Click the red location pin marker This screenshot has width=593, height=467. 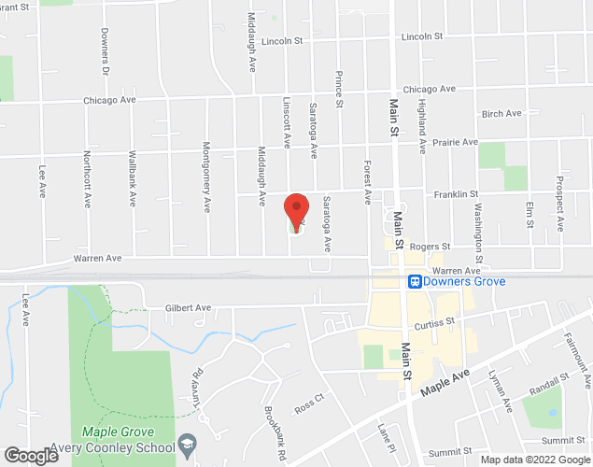click(x=296, y=211)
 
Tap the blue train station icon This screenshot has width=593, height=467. click(x=413, y=280)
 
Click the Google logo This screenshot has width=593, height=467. click(x=30, y=456)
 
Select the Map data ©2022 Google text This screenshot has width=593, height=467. click(x=535, y=460)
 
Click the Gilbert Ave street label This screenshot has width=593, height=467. click(x=188, y=307)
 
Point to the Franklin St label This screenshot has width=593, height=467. click(x=455, y=194)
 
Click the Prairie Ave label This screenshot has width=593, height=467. click(x=454, y=143)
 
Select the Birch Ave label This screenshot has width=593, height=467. click(x=501, y=114)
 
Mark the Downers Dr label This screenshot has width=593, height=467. click(x=106, y=60)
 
